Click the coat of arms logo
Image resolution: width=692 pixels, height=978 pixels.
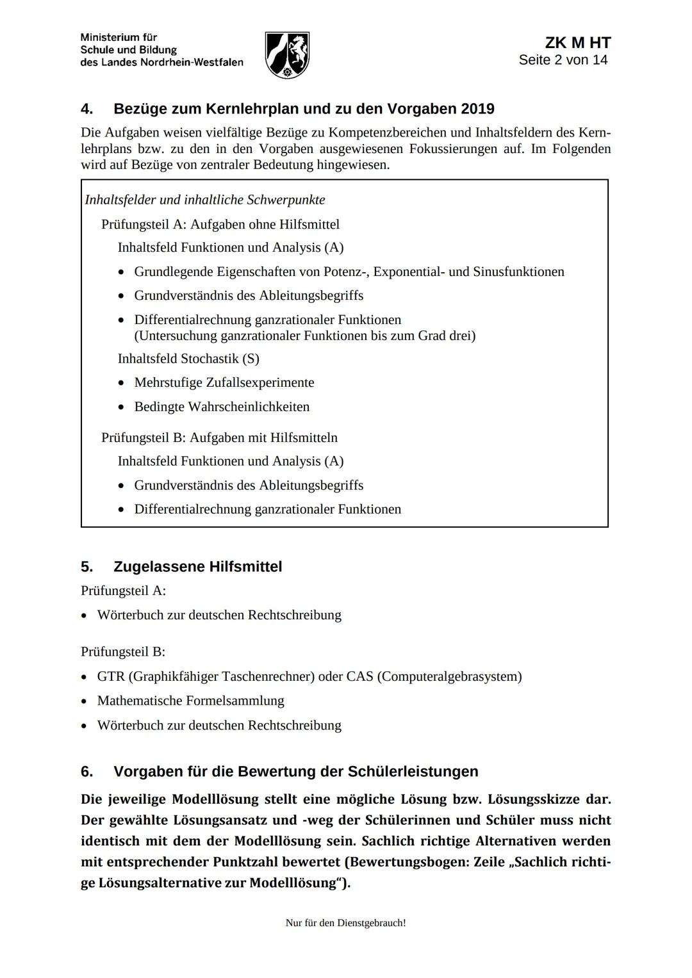pyautogui.click(x=287, y=55)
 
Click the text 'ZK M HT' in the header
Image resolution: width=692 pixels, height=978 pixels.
pyautogui.click(x=577, y=43)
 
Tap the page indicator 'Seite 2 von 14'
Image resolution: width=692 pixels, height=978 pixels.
pyautogui.click(x=563, y=60)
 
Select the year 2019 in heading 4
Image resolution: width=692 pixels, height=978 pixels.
pyautogui.click(x=477, y=109)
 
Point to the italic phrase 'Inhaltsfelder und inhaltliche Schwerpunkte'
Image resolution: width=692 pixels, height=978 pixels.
pyautogui.click(x=205, y=200)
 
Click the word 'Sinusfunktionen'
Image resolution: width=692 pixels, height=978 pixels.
pyautogui.click(x=518, y=272)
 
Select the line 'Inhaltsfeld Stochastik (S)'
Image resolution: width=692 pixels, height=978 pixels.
pyautogui.click(x=188, y=359)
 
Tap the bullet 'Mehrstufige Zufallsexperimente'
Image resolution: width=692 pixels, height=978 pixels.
pyautogui.click(x=224, y=382)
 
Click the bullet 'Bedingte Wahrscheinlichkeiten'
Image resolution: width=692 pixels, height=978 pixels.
pyautogui.click(x=222, y=407)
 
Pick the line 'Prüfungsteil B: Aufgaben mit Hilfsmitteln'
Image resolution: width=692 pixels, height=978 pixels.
pyautogui.click(x=219, y=437)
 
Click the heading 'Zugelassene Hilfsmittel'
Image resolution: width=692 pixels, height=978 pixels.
pyautogui.click(x=197, y=567)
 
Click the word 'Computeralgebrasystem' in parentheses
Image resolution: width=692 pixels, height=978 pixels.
pyautogui.click(x=449, y=676)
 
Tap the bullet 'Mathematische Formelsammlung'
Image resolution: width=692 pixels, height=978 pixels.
pyautogui.click(x=190, y=701)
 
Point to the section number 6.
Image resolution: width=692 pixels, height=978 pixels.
pyautogui.click(x=86, y=772)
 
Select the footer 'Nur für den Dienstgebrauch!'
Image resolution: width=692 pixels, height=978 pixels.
pyautogui.click(x=345, y=923)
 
